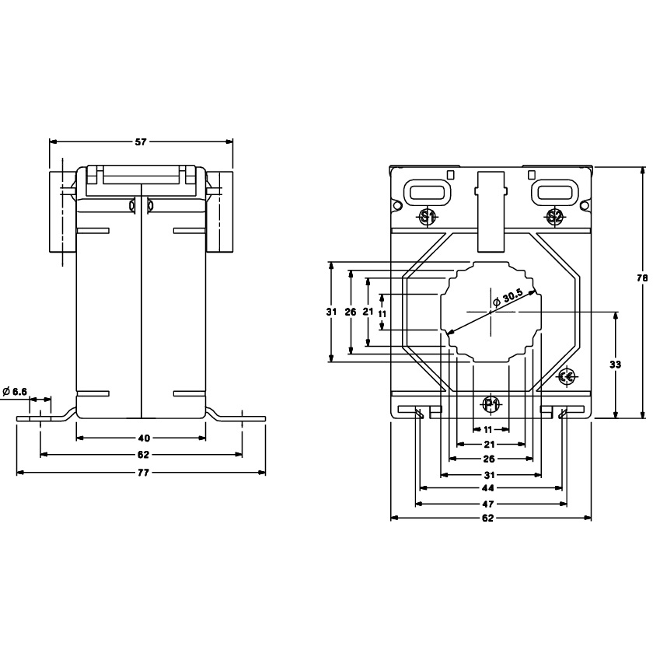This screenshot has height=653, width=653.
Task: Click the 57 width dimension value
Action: tap(141, 142)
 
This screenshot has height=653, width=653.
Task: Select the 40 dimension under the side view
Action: tap(143, 438)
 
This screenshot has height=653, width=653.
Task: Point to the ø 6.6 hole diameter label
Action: tap(15, 391)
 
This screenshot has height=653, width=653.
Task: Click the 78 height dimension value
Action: tap(642, 278)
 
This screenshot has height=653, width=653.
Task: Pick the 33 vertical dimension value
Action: tap(616, 364)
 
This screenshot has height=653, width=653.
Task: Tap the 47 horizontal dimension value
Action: tap(490, 504)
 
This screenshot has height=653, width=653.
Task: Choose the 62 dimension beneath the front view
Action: tap(490, 519)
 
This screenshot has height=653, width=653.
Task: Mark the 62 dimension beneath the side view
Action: tap(143, 455)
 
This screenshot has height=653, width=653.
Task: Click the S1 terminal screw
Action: tap(427, 217)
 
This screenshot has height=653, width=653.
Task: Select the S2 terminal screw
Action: tap(554, 217)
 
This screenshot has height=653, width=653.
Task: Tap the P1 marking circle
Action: tap(491, 404)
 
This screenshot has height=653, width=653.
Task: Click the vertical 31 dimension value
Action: tap(332, 312)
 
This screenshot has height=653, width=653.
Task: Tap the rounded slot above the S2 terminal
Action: tap(554, 191)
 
